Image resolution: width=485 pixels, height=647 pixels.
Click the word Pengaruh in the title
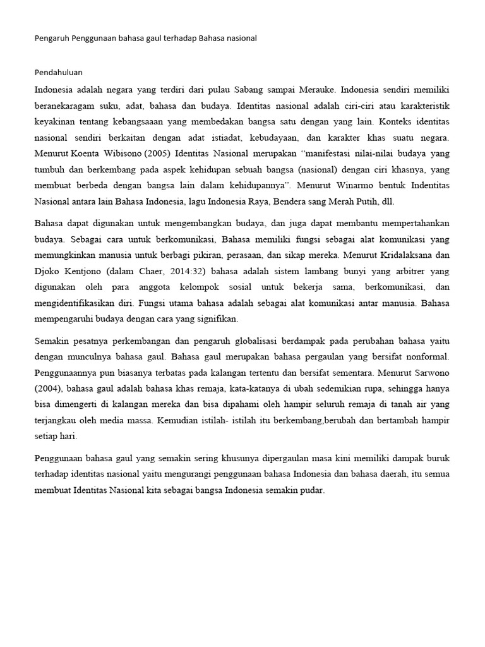[51, 39]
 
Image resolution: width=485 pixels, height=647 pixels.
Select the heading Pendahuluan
[58, 73]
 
